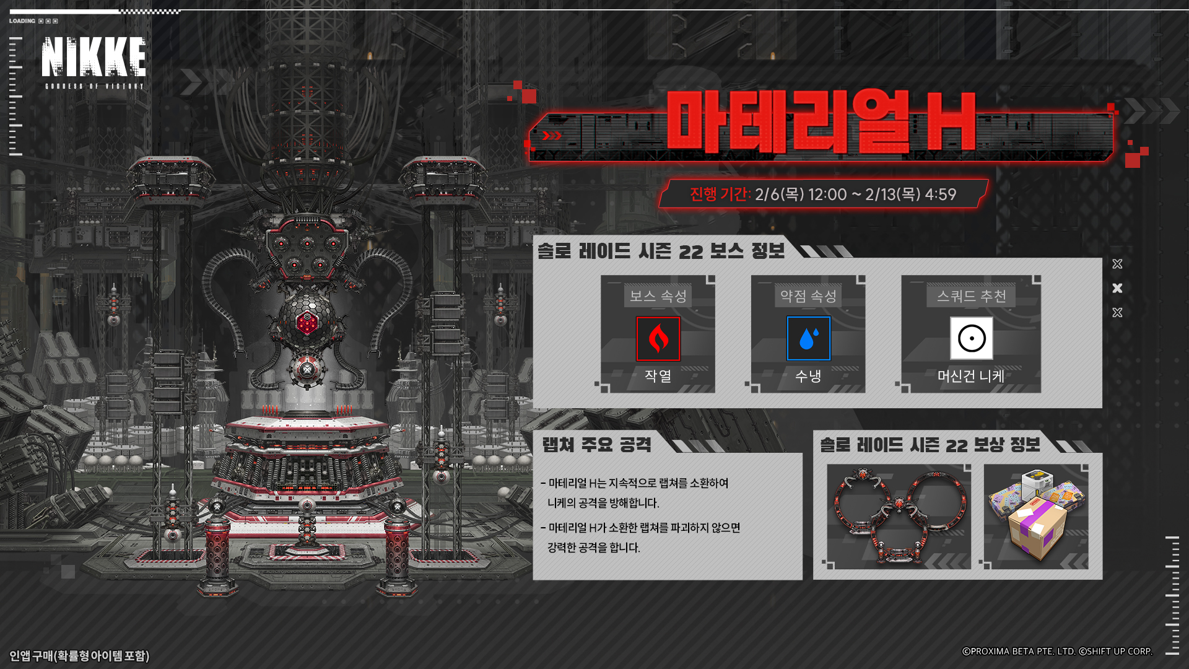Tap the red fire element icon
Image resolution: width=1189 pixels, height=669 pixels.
tap(658, 339)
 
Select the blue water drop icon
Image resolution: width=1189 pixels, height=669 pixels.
tap(808, 339)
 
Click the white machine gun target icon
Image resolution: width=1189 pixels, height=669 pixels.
tap(971, 338)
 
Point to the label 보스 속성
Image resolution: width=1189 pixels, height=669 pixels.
tap(658, 296)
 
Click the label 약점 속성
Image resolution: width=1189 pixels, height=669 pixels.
tap(808, 296)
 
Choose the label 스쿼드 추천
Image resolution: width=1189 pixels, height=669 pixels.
tap(971, 296)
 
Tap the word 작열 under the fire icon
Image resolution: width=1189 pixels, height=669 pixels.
tap(658, 376)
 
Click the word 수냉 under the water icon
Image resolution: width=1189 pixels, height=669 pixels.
tap(808, 376)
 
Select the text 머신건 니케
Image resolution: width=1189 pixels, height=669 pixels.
tap(970, 376)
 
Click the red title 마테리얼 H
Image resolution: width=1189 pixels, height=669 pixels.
tap(821, 123)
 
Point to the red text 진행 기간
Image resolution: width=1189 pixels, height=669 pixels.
tap(720, 195)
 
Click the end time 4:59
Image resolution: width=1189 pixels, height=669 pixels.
tap(940, 195)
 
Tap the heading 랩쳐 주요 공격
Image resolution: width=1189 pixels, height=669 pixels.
tap(596, 445)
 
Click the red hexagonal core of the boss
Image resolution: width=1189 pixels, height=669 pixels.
tap(307, 323)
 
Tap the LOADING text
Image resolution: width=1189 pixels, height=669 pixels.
tap(22, 21)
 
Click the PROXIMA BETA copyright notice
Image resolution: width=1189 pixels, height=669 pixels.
tap(1056, 651)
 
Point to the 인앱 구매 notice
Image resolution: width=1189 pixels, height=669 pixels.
tap(79, 655)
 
